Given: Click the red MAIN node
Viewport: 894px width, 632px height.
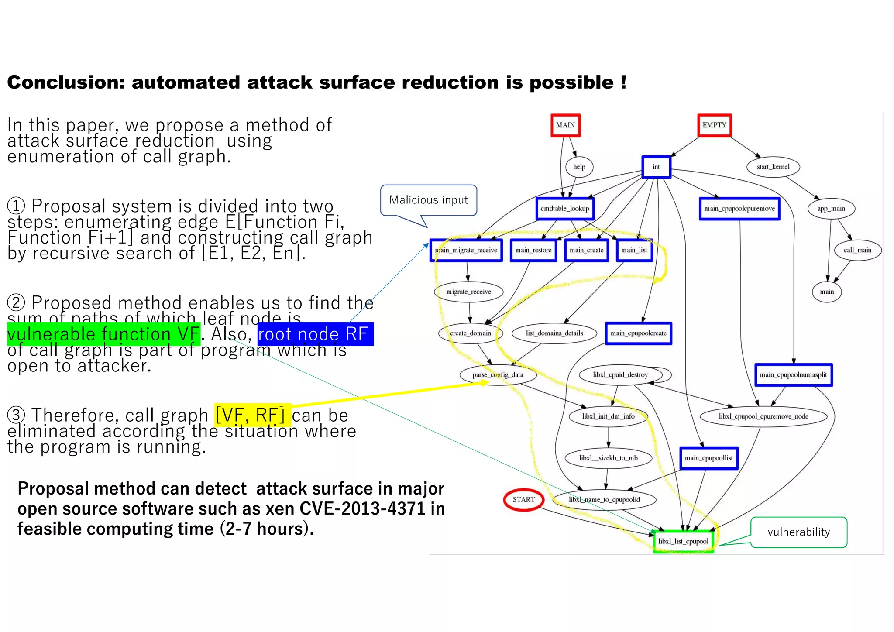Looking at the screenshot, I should tap(565, 125).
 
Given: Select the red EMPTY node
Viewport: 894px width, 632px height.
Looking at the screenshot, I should tap(714, 125).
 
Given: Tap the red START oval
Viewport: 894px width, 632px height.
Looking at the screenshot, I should tap(523, 500).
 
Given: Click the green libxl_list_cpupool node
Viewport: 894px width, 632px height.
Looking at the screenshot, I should tap(683, 542).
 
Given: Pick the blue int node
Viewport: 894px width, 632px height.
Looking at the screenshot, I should tap(656, 167).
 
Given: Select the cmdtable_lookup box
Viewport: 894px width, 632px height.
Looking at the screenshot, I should tap(565, 209).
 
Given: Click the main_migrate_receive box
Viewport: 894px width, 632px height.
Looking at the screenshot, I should tap(466, 251).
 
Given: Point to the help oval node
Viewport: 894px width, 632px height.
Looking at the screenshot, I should tap(579, 167).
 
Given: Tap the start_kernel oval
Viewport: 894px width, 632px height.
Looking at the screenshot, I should tap(773, 167).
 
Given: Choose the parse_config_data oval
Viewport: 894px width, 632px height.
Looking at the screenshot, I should tap(498, 375).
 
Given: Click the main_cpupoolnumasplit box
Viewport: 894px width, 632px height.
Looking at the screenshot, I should tap(793, 375).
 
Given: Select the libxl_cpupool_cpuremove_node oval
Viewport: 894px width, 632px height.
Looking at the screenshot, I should tap(763, 416).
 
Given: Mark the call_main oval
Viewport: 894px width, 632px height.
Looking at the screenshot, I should tap(857, 251).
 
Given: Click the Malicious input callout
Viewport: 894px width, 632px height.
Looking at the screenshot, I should tap(428, 200).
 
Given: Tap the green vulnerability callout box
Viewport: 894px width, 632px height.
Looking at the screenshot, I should tap(798, 532).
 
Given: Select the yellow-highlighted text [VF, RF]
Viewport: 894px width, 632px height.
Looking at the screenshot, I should tap(252, 415).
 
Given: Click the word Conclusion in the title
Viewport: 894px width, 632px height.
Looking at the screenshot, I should tap(66, 82).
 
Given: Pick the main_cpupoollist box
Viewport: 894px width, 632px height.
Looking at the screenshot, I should tap(708, 458).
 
